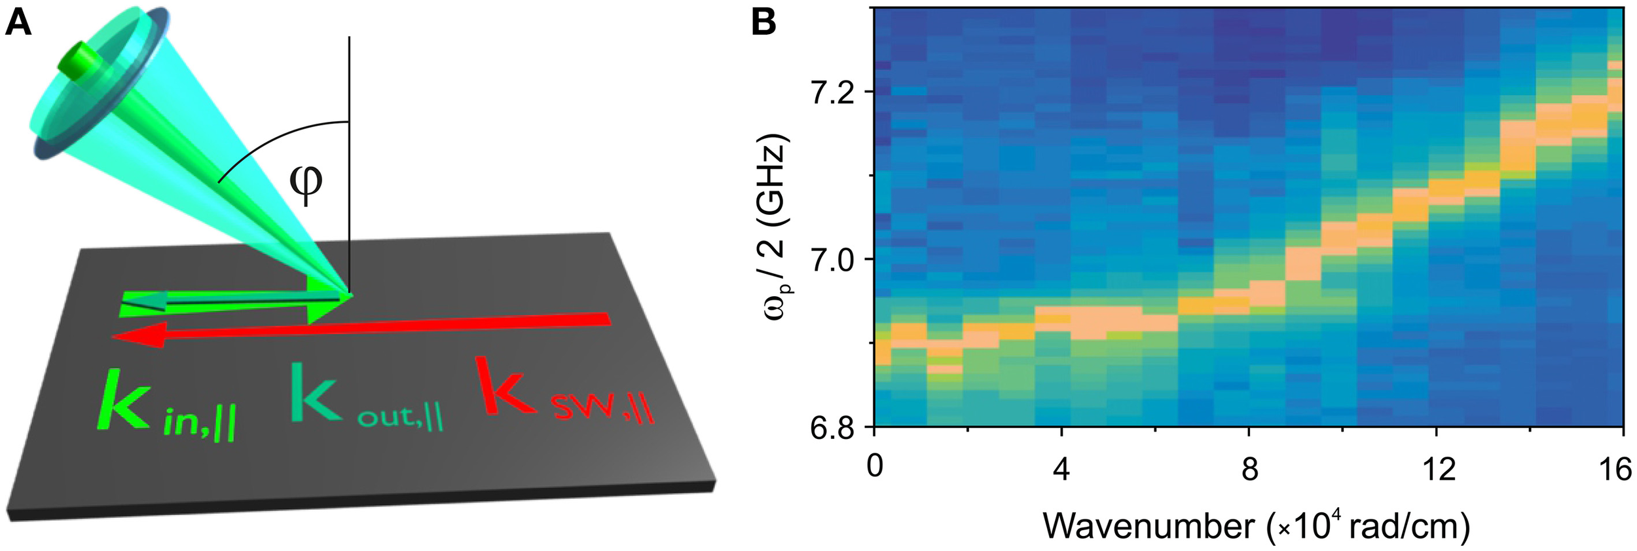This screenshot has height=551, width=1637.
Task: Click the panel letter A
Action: tap(18, 24)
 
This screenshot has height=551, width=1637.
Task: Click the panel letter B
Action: tap(763, 23)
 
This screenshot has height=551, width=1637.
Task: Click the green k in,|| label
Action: tap(167, 402)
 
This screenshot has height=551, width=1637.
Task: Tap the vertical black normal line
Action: tap(349, 164)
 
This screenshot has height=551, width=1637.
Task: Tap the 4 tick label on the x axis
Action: tap(1061, 468)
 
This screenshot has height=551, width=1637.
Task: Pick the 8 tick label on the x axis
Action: tap(1249, 468)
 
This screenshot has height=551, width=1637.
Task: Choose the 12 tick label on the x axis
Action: tap(1437, 468)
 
